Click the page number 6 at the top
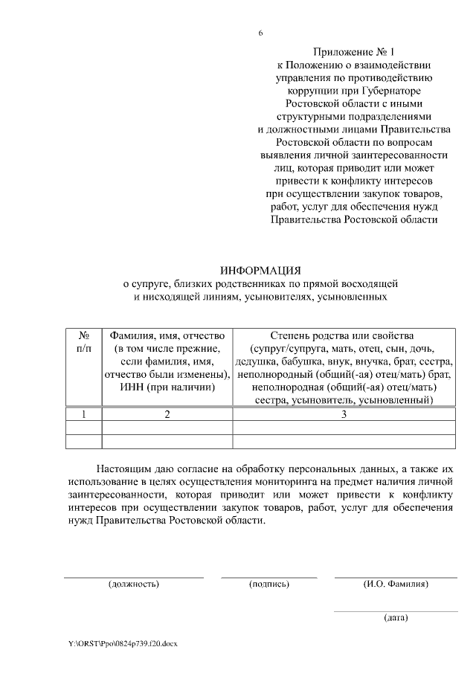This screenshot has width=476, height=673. point(261,33)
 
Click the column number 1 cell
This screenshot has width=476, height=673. point(84,414)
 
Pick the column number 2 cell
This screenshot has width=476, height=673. point(167,414)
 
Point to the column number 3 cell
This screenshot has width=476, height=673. point(344,414)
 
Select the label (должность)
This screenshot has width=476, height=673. point(134,584)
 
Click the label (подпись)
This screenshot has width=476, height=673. point(269,584)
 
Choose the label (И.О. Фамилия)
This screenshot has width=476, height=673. point(396,584)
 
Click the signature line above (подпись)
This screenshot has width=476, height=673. point(269,576)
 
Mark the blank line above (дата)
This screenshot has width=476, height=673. point(396,611)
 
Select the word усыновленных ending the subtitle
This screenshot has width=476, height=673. point(350,297)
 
